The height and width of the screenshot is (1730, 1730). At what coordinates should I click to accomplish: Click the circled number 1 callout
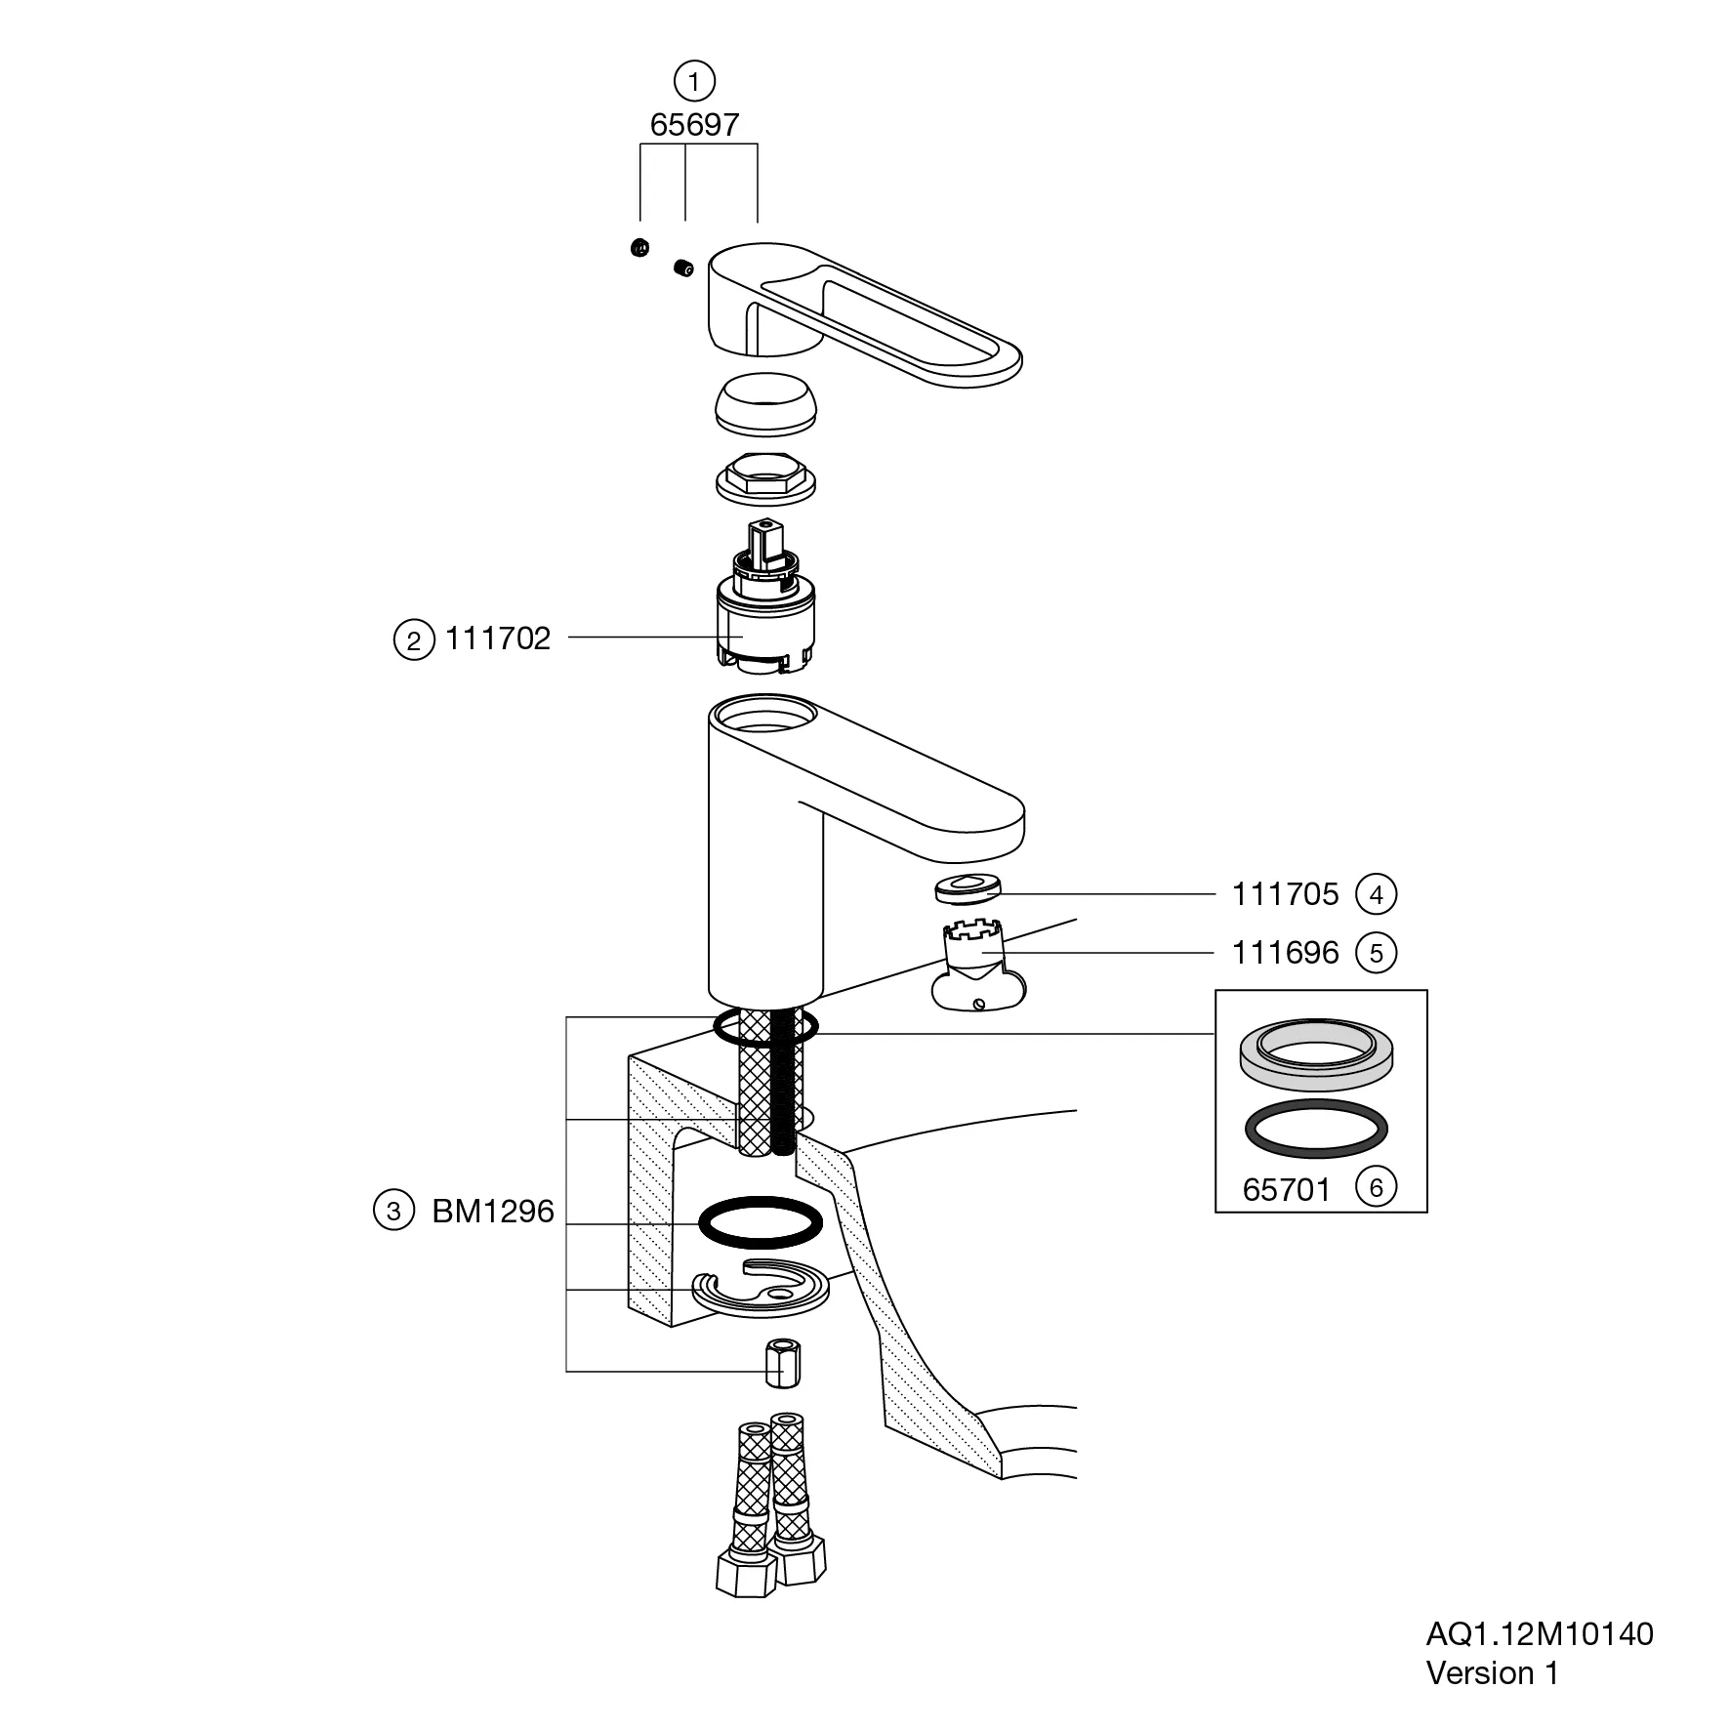tap(694, 81)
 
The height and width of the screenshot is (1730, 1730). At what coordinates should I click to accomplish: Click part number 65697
tap(694, 125)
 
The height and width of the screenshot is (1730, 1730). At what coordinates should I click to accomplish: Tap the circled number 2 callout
tap(414, 640)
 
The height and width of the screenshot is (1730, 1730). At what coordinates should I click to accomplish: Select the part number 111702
tap(498, 638)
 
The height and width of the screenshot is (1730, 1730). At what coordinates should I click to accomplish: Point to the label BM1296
tap(493, 1212)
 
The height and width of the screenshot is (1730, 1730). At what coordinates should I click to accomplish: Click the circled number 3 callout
tap(394, 1212)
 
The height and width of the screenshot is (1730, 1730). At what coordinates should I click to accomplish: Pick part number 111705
tap(1285, 893)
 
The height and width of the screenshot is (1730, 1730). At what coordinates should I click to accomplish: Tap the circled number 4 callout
tap(1377, 894)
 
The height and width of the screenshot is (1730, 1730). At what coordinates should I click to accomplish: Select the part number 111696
tap(1285, 952)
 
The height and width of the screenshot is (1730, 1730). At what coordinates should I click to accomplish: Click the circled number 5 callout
tap(1377, 953)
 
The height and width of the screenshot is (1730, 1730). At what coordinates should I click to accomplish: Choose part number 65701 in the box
tap(1287, 1189)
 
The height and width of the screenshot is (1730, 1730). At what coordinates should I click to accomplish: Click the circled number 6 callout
tap(1377, 1187)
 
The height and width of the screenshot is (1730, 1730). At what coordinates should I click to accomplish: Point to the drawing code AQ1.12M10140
tap(1540, 1633)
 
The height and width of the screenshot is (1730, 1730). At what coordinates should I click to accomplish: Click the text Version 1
tap(1492, 1672)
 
